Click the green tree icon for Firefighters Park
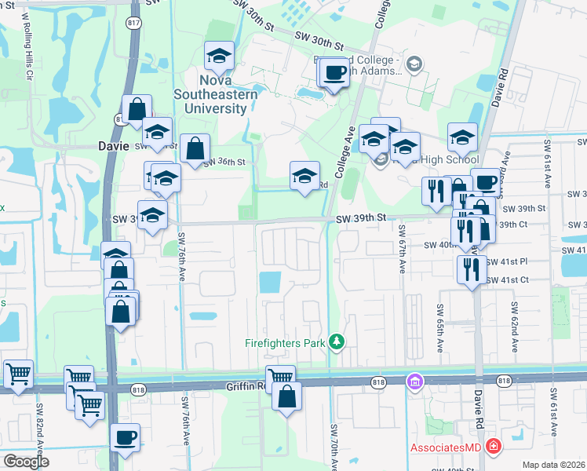click(336, 341)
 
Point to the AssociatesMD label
click(447, 447)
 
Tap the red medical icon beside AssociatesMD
click(493, 447)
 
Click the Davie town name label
click(113, 145)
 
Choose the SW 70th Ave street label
click(334, 447)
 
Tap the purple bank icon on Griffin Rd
click(414, 382)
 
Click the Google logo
click(26, 462)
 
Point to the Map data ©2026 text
click(552, 465)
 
